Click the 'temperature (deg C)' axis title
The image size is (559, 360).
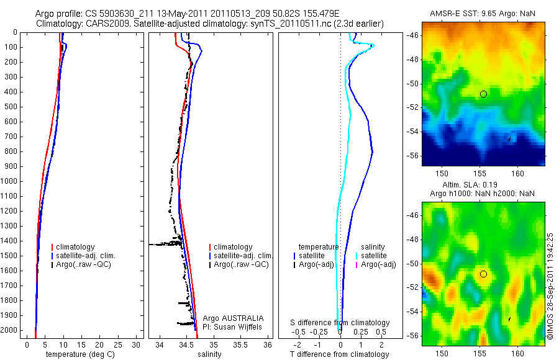coord(78,354)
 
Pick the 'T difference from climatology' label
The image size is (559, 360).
coord(340,354)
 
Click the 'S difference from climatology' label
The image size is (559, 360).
coord(340,323)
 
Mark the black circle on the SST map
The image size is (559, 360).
coord(483,94)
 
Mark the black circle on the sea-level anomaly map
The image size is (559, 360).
coord(483,274)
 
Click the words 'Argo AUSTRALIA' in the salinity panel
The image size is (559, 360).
coord(229,318)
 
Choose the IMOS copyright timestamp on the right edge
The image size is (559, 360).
coord(550,286)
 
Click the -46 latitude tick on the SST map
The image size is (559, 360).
coord(413,36)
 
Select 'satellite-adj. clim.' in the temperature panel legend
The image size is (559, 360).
coord(86,256)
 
